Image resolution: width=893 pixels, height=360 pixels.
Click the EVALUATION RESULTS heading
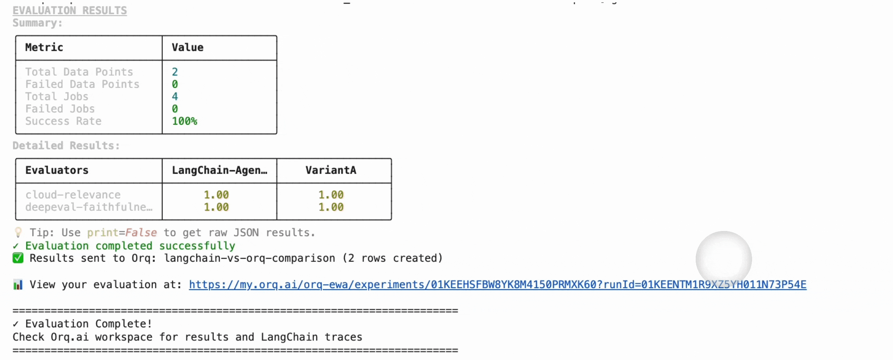pyautogui.click(x=70, y=10)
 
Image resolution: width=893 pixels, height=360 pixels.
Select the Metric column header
pyautogui.click(x=44, y=47)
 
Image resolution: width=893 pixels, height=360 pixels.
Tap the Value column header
pyautogui.click(x=188, y=47)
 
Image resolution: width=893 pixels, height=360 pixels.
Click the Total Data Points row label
pyautogui.click(x=79, y=72)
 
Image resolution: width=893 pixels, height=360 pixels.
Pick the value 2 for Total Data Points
pyautogui.click(x=175, y=72)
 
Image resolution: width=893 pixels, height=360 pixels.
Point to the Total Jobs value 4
pyautogui.click(x=175, y=96)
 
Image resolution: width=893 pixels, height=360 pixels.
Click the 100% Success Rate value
pyautogui.click(x=184, y=121)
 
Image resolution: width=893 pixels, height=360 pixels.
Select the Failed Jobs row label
pyautogui.click(x=60, y=109)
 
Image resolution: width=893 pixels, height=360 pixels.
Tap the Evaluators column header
pyautogui.click(x=57, y=170)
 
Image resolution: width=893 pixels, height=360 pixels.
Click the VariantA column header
pyautogui.click(x=331, y=170)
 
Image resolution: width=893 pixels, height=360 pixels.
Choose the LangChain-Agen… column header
pyautogui.click(x=220, y=170)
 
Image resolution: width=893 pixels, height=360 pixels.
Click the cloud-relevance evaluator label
pyautogui.click(x=73, y=195)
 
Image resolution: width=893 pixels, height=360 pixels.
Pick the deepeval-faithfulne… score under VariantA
pyautogui.click(x=331, y=207)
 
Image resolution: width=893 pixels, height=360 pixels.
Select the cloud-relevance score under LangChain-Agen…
pyautogui.click(x=216, y=195)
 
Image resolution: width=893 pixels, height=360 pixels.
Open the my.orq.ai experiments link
pyautogui.click(x=497, y=284)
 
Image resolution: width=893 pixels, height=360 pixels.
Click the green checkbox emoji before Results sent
pyautogui.click(x=18, y=258)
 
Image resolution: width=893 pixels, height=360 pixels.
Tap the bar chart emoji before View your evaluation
pyautogui.click(x=18, y=285)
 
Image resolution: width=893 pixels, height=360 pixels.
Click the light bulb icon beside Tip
pyautogui.click(x=18, y=232)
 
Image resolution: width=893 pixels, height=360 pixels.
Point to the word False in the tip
pyautogui.click(x=141, y=232)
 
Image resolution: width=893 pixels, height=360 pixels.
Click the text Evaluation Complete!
pyautogui.click(x=88, y=324)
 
